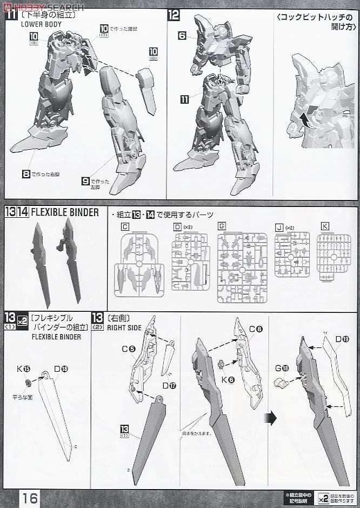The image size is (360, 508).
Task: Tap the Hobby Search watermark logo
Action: [x=43, y=6]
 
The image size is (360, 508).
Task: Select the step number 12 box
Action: [x=173, y=15]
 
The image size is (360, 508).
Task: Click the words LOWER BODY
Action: [x=42, y=24]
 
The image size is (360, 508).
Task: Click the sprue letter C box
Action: [x=125, y=227]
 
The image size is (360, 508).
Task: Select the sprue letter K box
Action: [x=324, y=226]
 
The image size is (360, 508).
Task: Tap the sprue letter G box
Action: [x=222, y=227]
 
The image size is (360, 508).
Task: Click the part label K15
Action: [x=23, y=369]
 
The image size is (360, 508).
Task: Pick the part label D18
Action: [x=61, y=369]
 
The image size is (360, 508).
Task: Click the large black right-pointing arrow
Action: [x=271, y=418]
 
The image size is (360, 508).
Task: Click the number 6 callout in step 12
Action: [x=182, y=35]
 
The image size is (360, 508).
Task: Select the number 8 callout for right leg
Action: [x=25, y=174]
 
